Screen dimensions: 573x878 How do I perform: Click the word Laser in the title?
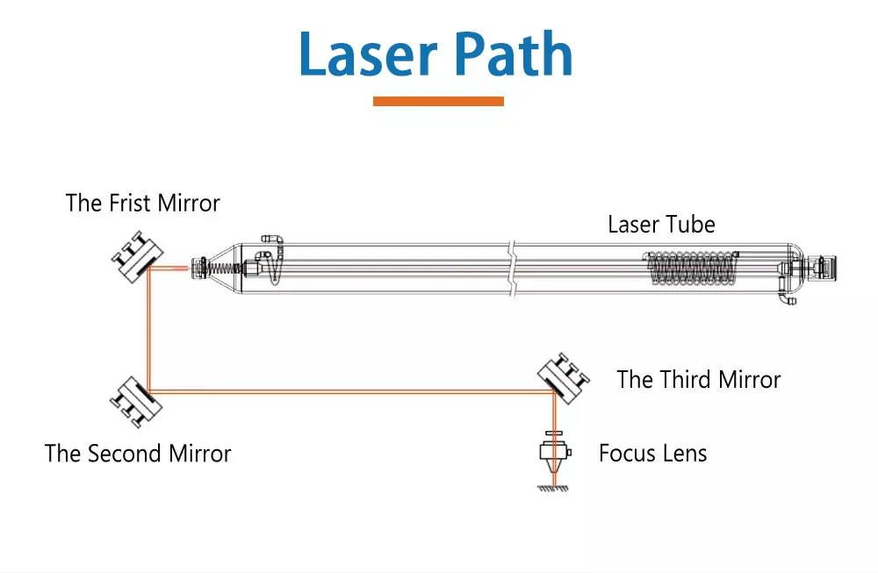tap(369, 54)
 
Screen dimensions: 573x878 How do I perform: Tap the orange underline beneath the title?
tap(438, 102)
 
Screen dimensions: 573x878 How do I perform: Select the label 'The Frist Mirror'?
tap(142, 204)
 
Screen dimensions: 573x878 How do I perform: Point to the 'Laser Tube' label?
tap(661, 225)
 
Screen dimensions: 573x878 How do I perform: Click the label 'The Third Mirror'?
tap(698, 379)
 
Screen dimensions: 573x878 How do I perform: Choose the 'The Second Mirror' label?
tap(138, 454)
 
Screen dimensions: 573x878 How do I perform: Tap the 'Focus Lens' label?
tap(652, 454)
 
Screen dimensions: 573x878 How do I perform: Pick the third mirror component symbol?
tap(563, 377)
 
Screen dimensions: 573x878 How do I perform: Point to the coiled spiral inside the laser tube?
tap(689, 268)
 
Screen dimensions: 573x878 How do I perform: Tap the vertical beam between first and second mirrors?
tap(149, 329)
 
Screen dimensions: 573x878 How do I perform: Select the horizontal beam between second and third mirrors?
tap(351, 391)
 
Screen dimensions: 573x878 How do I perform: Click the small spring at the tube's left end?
tap(227, 264)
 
